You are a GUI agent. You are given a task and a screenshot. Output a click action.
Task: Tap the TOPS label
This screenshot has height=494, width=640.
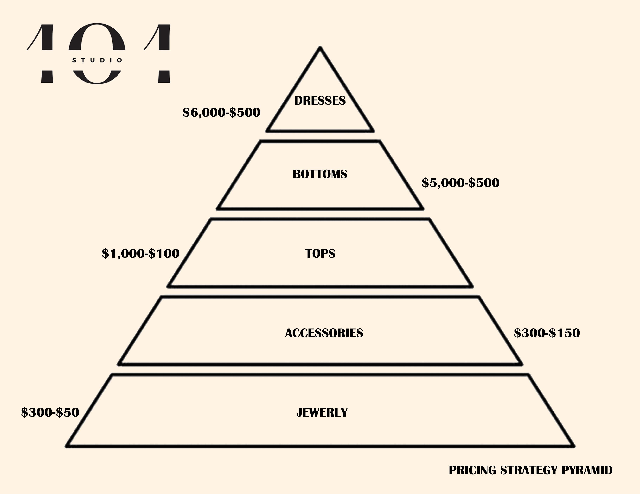[320, 253]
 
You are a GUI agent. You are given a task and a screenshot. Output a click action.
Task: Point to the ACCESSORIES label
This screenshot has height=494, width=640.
[324, 333]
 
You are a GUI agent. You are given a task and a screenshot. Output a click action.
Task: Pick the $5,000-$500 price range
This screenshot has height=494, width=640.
[460, 183]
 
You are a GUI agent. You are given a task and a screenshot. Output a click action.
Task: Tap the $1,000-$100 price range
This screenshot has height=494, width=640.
[141, 253]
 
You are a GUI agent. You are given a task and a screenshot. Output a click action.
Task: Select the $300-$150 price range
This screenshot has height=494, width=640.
[547, 333]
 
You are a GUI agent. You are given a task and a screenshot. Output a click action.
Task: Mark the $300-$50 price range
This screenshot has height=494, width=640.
[50, 412]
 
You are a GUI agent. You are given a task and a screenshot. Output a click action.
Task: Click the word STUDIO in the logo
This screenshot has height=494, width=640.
[97, 60]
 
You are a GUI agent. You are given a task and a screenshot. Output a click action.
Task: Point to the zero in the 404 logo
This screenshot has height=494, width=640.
[97, 38]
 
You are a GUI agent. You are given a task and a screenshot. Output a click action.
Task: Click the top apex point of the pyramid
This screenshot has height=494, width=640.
[320, 47]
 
